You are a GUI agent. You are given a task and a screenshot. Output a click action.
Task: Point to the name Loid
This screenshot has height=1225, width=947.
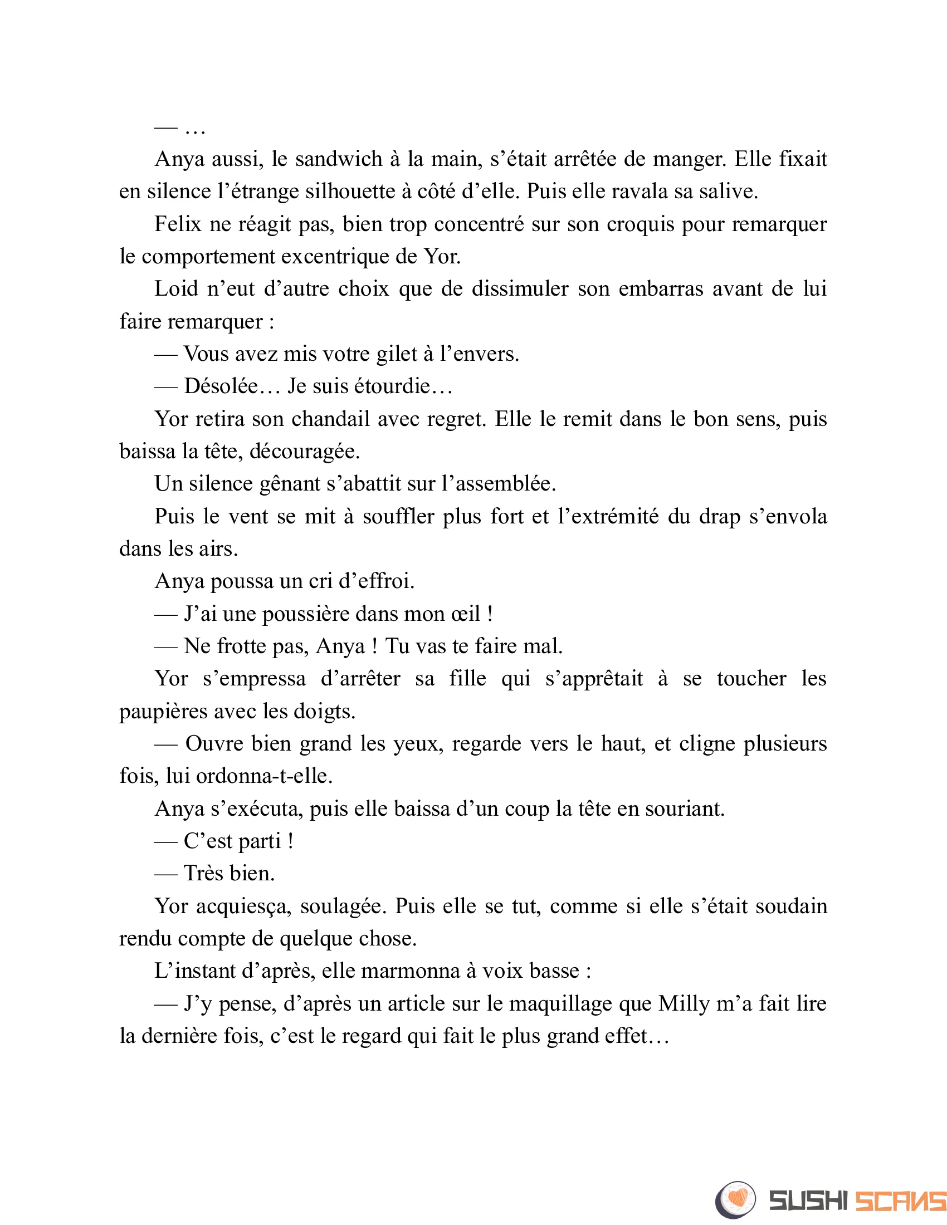176,290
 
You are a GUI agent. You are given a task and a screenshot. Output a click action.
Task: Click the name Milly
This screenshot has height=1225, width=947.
684,1004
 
